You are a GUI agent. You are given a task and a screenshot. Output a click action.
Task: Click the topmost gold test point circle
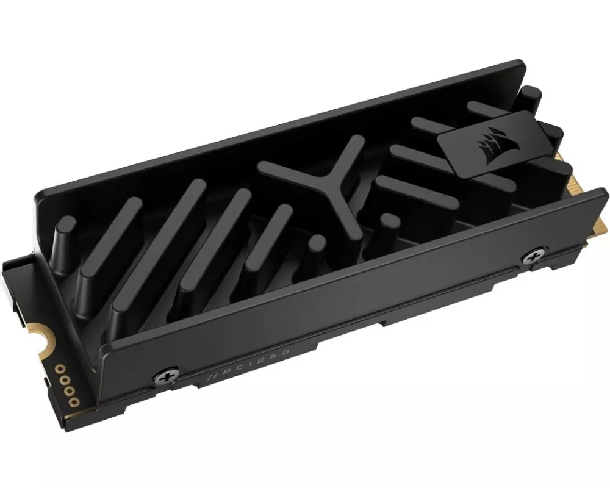tap(60, 368)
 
